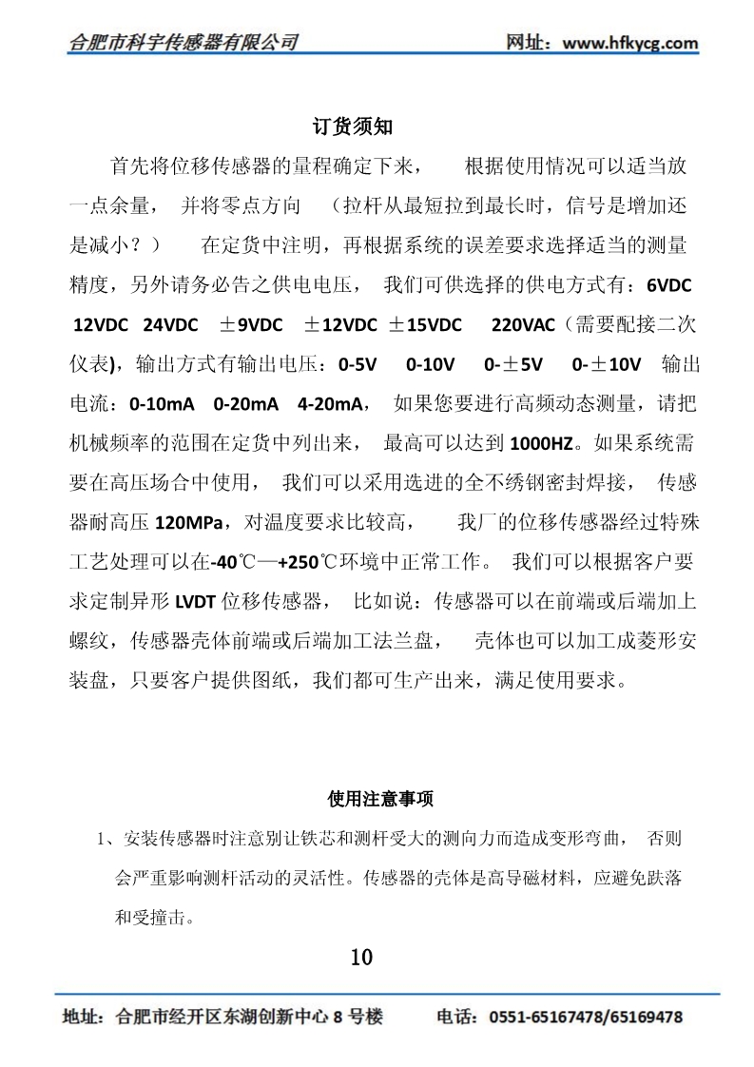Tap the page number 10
[x=361, y=956]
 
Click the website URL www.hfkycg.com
[x=630, y=43]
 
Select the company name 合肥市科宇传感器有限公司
[x=184, y=43]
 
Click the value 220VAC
[x=523, y=324]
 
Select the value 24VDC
[x=170, y=324]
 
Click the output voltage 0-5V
[x=358, y=364]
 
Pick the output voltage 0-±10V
[x=607, y=364]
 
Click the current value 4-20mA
[x=329, y=404]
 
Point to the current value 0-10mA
[x=162, y=404]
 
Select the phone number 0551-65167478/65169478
[x=586, y=1018]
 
